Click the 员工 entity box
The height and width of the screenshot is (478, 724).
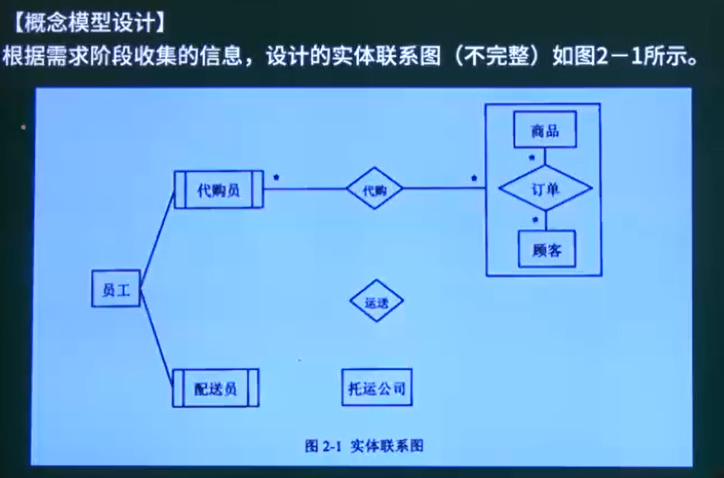coord(116,288)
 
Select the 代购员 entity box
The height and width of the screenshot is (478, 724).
coord(219,190)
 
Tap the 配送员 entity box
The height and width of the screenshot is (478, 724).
coord(216,388)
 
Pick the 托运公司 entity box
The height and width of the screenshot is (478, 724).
coord(377,387)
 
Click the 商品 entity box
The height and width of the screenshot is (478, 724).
coord(545,130)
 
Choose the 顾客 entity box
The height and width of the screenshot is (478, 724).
coord(546,249)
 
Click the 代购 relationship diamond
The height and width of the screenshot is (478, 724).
coord(375,188)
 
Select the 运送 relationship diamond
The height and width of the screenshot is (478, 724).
coord(377,301)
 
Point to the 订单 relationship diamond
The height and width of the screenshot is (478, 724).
coord(545,188)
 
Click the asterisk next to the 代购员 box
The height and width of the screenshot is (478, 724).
coord(276,178)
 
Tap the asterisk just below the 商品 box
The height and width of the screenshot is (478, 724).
coord(532,157)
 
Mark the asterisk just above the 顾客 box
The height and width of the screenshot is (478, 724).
coord(535,220)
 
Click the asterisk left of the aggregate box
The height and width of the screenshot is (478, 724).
coord(474,178)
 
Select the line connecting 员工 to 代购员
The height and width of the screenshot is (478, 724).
coord(157,239)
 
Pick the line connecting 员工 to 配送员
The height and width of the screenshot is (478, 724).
coord(157,338)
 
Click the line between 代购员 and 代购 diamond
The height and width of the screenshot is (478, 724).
coord(305,189)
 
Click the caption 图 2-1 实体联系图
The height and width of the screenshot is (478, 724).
coord(364,446)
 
